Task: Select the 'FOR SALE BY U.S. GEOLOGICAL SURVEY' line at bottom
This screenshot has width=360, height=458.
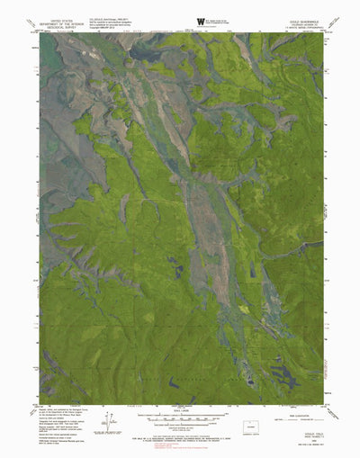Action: [180, 438]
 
